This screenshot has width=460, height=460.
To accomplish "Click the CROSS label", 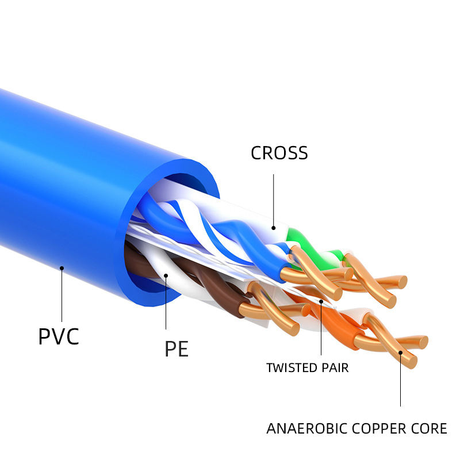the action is (279, 153).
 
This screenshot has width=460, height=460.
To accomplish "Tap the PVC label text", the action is (59, 336).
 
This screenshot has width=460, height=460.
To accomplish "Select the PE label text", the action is (177, 349).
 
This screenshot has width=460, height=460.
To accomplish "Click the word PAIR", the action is (335, 368).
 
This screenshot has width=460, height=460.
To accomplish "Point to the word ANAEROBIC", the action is (307, 428).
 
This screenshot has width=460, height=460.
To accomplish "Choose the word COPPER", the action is (379, 428).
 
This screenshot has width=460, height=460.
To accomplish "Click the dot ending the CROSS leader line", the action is (274, 228).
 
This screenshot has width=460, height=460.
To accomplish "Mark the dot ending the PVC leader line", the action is (62, 268).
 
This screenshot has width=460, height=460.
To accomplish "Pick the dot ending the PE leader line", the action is (166, 276).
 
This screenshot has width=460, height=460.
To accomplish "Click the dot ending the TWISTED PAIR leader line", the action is (321, 301).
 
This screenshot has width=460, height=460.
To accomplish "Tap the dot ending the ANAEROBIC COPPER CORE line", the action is (400, 352).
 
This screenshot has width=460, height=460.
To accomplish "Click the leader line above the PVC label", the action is (62, 295).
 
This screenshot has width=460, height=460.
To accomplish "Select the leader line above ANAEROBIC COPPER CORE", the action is (400, 379).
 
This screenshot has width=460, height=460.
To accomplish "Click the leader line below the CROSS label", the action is (274, 201).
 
